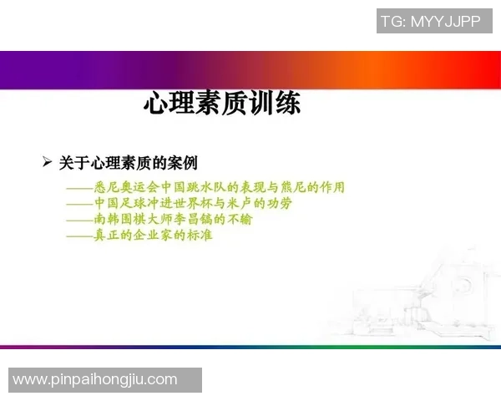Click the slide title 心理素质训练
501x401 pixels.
tap(222, 104)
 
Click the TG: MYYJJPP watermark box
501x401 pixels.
tap(433, 21)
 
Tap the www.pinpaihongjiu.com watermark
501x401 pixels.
tap(96, 380)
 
